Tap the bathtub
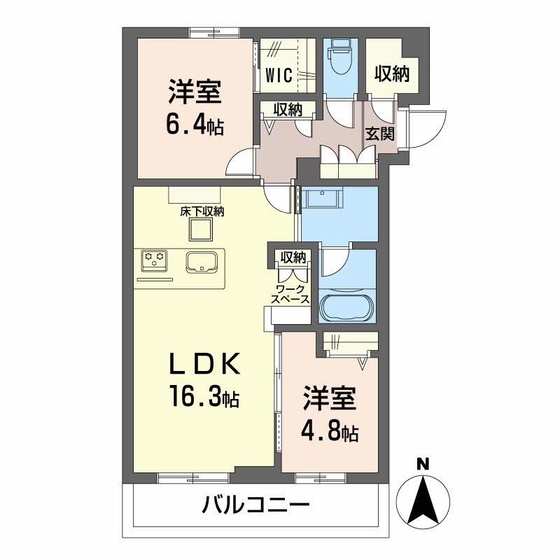[346, 306]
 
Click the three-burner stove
[155, 260]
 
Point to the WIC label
[279, 76]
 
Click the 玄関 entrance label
[380, 134]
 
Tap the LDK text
[204, 364]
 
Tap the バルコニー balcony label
[255, 505]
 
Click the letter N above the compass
[423, 464]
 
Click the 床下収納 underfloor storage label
[202, 212]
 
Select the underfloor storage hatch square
[201, 230]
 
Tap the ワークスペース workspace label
[290, 294]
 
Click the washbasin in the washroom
[322, 198]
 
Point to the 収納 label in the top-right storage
[392, 74]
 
